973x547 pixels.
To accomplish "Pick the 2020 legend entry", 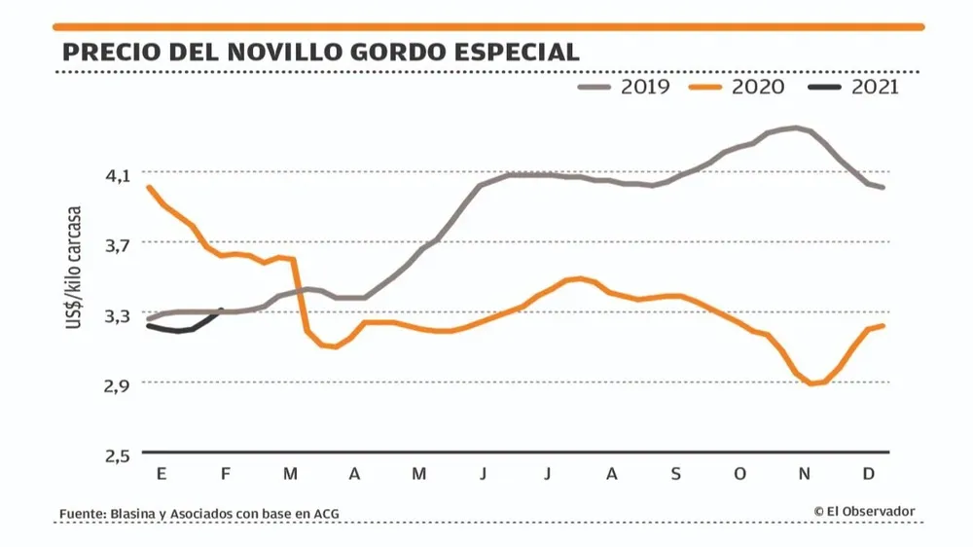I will tap(739, 88).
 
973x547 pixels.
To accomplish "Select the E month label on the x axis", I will tap(162, 474).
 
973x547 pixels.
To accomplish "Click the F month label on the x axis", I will tap(226, 474).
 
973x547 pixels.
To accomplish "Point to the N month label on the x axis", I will tap(804, 474).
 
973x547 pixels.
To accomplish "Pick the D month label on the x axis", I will tap(868, 474).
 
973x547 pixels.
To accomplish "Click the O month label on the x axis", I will tap(740, 474).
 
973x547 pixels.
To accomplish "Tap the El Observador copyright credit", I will tap(864, 511).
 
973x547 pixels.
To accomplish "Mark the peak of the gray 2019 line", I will tap(796, 128).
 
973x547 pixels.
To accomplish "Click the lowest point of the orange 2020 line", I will tap(811, 383).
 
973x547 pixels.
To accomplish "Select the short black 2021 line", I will tap(185, 327).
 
